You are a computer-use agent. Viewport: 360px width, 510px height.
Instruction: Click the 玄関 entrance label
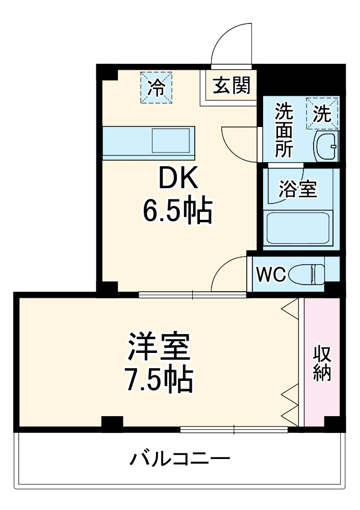(232, 86)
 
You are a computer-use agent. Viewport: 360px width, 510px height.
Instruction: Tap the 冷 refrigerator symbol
(157, 88)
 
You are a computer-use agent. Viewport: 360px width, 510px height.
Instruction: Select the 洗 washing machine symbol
(322, 113)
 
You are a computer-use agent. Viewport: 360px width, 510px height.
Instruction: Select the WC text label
(270, 274)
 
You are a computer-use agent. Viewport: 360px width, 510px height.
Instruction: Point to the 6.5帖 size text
(176, 211)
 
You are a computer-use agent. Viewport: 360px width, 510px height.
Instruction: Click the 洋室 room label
(159, 347)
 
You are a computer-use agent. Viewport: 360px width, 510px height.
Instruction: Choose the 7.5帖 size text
(159, 378)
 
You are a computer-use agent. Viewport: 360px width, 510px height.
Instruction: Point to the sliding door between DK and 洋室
(192, 294)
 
